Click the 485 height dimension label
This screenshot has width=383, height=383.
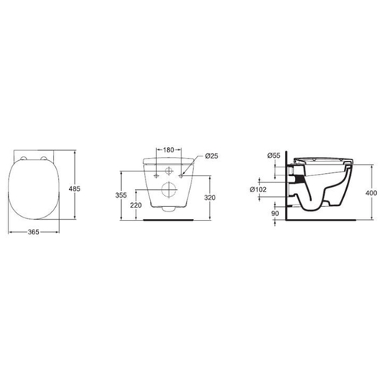point(74,188)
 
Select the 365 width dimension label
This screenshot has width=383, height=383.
point(34,232)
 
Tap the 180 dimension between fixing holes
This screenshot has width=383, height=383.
point(169,149)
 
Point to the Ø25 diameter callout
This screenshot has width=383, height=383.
point(211,155)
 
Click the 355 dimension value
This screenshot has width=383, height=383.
point(121,195)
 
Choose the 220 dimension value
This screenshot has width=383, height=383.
point(136,205)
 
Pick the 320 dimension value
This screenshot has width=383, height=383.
point(210,198)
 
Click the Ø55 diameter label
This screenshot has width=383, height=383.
point(273,155)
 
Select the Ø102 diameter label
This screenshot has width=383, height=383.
point(258,189)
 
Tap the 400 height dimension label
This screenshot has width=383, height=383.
point(371,193)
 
